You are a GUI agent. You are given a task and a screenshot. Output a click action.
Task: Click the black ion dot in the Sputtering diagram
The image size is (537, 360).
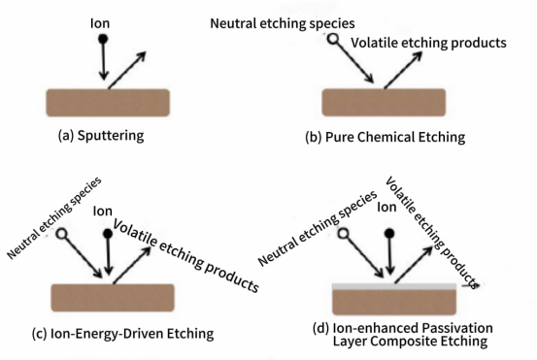tap(103, 39)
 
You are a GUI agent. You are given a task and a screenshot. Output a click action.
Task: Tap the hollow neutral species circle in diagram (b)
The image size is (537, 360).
tap(332, 38)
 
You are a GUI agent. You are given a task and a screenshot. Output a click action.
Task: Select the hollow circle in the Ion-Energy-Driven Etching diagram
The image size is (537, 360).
tap(61, 234)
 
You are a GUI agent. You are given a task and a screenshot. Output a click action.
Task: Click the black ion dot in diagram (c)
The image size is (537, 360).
tap(108, 234)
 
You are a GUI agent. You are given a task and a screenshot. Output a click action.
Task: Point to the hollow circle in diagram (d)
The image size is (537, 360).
tap(343, 234)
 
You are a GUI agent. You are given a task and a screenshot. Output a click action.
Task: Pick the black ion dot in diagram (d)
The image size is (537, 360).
tap(389, 234)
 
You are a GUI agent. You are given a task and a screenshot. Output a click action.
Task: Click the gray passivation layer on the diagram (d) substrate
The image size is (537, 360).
tap(394, 287)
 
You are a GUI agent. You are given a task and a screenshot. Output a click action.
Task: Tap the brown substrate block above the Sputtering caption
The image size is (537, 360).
tap(108, 103)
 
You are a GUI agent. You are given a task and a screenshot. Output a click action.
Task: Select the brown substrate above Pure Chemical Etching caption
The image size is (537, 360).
tap(384, 102)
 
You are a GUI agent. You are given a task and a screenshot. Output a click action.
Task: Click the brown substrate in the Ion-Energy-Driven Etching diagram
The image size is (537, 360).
tap(113, 298)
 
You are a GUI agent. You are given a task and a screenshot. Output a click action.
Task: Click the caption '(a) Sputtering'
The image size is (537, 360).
tap(101, 136)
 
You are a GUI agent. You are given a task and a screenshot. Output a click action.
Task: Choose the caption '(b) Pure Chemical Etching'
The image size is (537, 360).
tap(386, 137)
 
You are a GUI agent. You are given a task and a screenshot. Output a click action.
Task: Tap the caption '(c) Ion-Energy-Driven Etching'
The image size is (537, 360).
tap(122, 333)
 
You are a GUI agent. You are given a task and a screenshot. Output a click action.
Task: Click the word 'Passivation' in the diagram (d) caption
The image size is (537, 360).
tap(457, 328)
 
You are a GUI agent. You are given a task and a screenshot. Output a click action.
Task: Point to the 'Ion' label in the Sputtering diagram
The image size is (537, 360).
tap(100, 23)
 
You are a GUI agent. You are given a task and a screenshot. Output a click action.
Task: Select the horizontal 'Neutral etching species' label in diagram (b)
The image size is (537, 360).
tap(283, 23)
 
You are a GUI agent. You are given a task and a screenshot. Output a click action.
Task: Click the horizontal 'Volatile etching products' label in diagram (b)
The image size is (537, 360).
tap(429, 43)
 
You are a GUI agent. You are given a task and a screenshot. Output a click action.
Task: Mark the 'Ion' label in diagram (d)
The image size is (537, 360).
tap(386, 207)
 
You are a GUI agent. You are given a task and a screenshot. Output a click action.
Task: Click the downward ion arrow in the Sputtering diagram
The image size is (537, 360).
tap(104, 61)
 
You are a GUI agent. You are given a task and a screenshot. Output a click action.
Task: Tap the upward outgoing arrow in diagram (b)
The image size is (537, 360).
tap(403, 70)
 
